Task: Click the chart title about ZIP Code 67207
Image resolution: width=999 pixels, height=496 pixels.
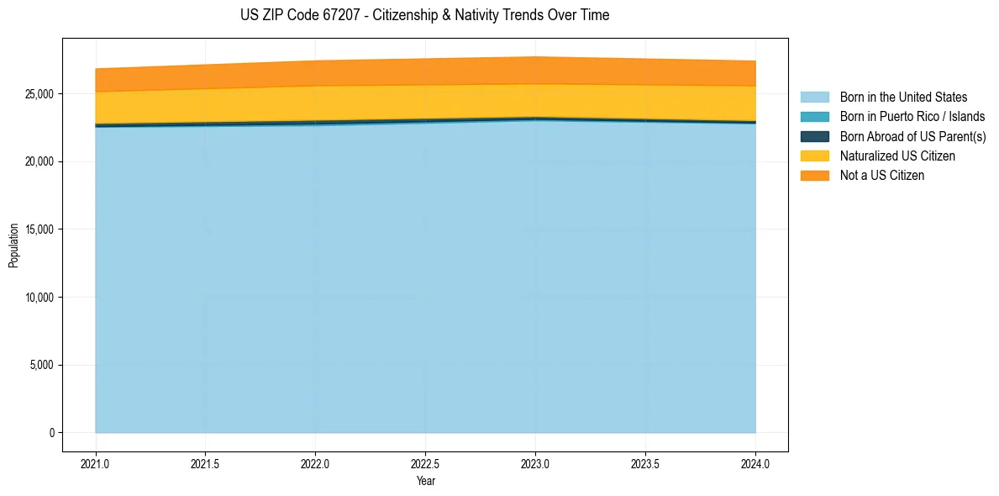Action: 424,15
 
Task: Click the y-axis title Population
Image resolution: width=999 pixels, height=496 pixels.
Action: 13,245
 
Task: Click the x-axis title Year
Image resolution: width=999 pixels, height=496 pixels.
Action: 425,481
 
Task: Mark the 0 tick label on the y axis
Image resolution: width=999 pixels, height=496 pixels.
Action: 51,433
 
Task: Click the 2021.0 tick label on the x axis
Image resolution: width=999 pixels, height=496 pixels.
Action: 96,463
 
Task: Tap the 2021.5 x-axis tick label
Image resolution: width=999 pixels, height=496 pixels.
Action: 206,463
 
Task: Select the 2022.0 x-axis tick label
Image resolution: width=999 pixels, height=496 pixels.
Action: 316,463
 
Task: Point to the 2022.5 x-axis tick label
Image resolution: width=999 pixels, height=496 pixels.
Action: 426,463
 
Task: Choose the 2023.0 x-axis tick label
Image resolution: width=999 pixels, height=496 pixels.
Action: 535,463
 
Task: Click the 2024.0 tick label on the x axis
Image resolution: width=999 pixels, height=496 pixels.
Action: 755,463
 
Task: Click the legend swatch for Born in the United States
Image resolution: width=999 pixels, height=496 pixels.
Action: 815,98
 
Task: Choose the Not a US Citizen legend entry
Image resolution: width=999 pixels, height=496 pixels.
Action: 881,175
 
